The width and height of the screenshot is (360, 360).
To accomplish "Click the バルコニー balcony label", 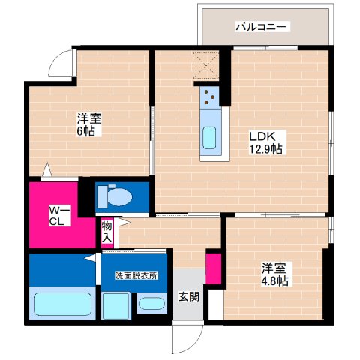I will click(x=262, y=28).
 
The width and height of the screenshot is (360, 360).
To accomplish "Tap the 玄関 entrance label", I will click(x=188, y=295).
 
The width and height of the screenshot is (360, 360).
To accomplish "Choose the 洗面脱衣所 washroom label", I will click(x=136, y=275).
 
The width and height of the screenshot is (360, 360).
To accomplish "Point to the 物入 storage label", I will click(x=106, y=231).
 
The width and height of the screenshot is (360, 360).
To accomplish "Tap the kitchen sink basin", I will click(x=209, y=137).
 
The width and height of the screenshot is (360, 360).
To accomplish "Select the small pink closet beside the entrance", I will click(x=213, y=268).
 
